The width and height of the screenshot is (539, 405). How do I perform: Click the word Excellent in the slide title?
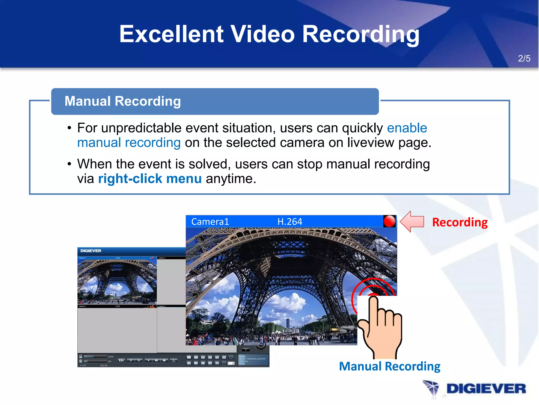click(x=171, y=34)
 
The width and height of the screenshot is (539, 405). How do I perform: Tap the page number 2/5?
click(x=524, y=59)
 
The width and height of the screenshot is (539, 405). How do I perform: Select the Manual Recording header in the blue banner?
click(x=123, y=101)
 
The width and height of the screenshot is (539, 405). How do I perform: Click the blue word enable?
click(x=407, y=128)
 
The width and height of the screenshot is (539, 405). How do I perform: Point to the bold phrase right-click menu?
click(x=150, y=179)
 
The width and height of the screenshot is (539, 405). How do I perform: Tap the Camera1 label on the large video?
click(x=210, y=221)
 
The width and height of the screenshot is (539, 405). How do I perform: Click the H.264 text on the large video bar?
click(x=290, y=221)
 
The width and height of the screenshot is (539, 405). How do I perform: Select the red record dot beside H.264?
click(x=389, y=221)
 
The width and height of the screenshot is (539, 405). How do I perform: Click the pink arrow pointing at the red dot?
click(x=412, y=221)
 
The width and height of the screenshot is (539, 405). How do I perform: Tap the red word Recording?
click(x=460, y=222)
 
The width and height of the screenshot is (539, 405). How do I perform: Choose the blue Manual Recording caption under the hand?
click(x=390, y=367)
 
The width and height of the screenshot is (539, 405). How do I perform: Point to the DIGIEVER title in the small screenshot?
click(x=91, y=251)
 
